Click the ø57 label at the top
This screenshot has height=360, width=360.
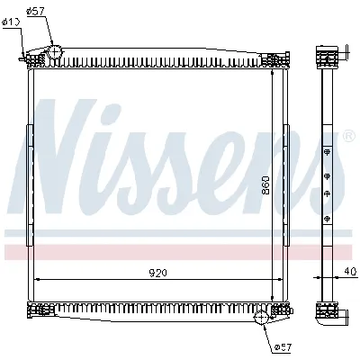[x=36, y=11]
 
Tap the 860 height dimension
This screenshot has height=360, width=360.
[x=266, y=185]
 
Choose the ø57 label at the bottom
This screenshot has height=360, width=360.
[x=282, y=346]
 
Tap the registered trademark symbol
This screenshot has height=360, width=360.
[x=348, y=137]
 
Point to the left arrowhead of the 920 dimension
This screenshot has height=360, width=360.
[x=36, y=280]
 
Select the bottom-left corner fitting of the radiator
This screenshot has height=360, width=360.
[x=40, y=311]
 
